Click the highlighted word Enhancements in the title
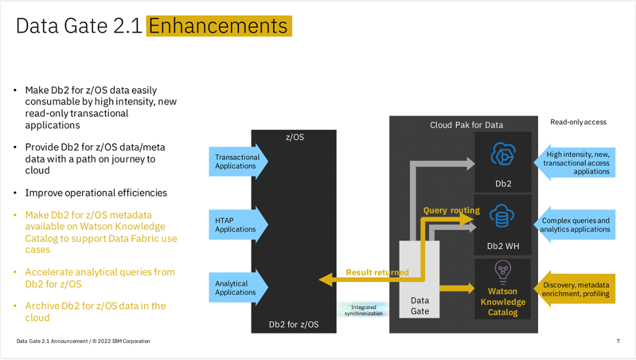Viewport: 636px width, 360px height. point(219,26)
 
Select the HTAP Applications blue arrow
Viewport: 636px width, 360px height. point(238,225)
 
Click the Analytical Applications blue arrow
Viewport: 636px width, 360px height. point(238,288)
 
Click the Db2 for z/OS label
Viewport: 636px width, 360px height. point(294,325)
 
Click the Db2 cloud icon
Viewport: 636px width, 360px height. point(503,156)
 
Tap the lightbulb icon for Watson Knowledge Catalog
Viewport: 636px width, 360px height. point(503,272)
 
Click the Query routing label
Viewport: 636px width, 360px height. point(451,211)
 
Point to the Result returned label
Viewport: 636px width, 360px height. point(377,272)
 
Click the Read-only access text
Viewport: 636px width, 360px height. point(578,122)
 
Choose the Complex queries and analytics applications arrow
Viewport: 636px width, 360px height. point(575,225)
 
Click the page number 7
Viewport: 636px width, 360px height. point(618,341)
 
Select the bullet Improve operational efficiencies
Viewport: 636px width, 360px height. point(96,193)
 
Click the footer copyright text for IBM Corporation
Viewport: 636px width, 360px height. point(84,341)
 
